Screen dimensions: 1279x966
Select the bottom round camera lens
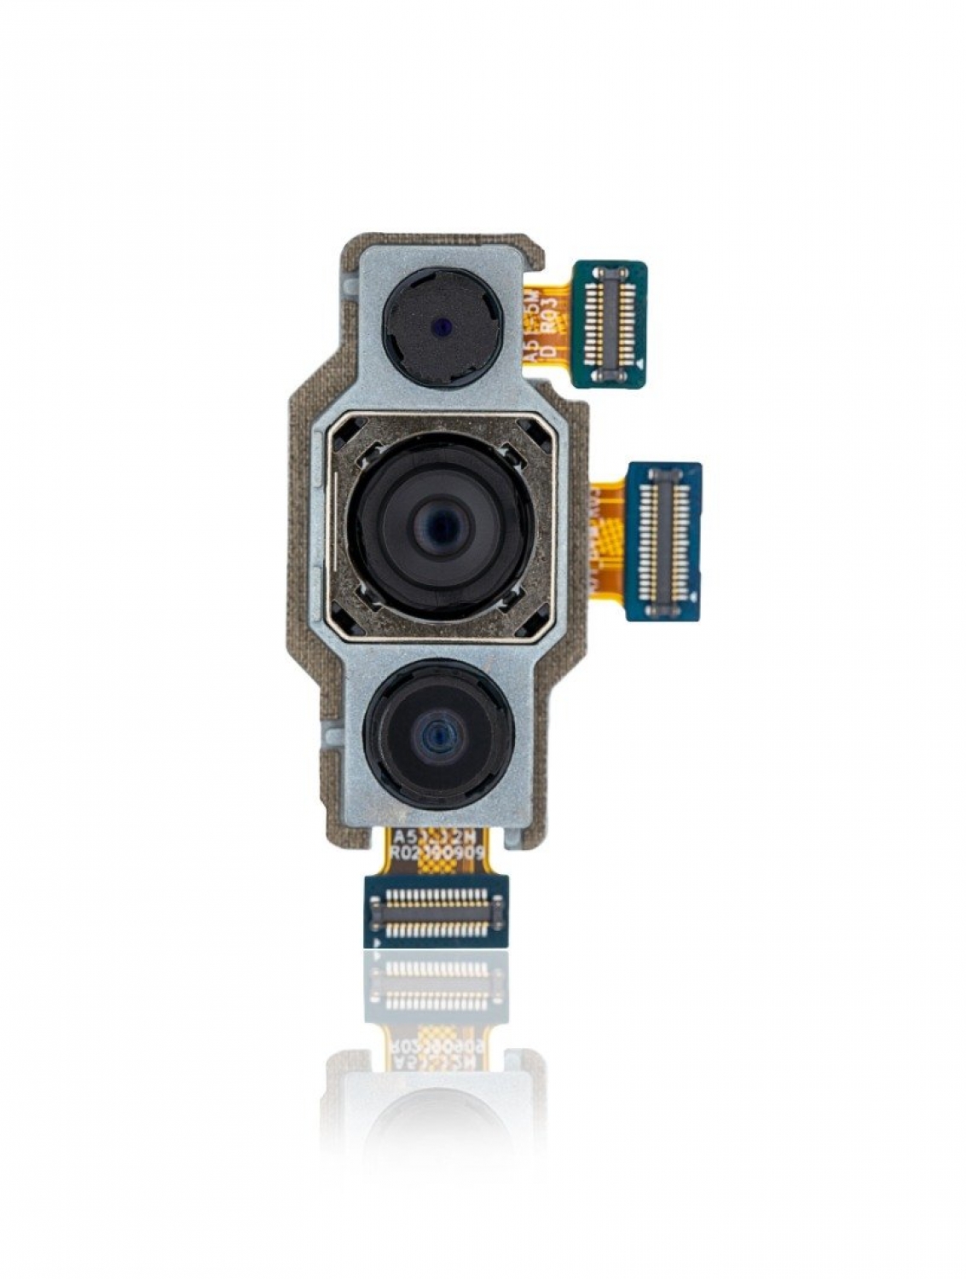point(437,734)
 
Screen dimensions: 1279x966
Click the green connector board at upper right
point(609,323)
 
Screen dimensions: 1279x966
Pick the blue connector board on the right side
point(664,541)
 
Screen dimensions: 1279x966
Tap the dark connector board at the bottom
point(436,911)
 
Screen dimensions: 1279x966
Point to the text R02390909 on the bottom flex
point(437,852)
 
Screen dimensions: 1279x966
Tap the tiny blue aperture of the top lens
point(442,326)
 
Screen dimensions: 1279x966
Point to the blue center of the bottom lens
point(437,733)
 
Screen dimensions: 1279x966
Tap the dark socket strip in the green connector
point(610,323)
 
